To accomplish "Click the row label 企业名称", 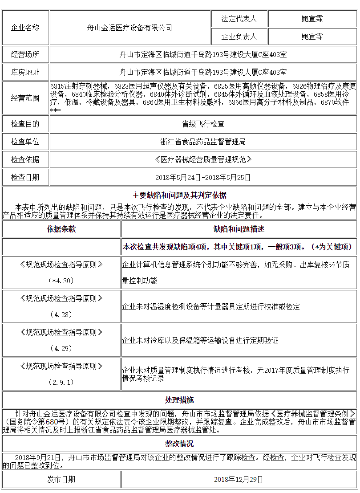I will (x=25, y=28).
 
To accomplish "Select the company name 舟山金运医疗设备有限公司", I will (x=129, y=28).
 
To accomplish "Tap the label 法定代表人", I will (x=239, y=19).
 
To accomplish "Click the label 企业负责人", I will (x=239, y=37).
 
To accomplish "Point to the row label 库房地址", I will (x=25, y=72).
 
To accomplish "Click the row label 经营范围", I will (x=25, y=98).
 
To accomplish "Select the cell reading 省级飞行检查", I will (x=203, y=124).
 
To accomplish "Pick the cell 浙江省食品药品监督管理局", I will (x=203, y=142).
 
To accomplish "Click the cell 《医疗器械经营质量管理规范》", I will (x=203, y=159).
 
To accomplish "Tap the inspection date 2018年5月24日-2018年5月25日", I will (x=203, y=177).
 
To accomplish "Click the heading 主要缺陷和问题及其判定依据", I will (x=179, y=196).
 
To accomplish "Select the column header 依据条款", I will (x=61, y=229).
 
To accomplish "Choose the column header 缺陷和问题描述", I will (x=239, y=229).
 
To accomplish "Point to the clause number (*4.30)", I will (x=61, y=281).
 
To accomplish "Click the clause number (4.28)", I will (x=61, y=314).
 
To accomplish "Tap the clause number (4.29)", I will (x=61, y=348).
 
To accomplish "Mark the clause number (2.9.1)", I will (x=61, y=382).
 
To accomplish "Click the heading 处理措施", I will (x=179, y=400).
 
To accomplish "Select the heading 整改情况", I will (x=179, y=444).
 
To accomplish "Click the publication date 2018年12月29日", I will (x=239, y=480).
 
